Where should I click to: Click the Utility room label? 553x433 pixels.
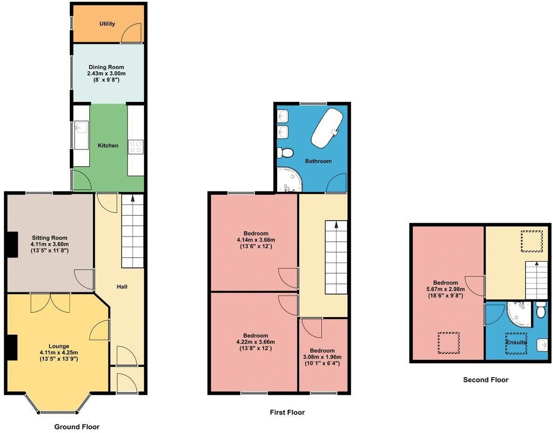click(107, 24)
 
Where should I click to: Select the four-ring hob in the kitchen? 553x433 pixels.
click(136, 147)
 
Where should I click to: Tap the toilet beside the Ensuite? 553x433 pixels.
click(540, 310)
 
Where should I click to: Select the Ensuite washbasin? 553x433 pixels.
click(542, 345)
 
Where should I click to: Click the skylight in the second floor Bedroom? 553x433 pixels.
click(449, 343)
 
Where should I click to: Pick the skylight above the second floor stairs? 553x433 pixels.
click(532, 241)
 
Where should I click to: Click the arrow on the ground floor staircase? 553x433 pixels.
click(133, 199)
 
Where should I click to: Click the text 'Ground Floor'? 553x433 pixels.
click(77, 426)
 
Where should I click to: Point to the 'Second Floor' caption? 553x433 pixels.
click(485, 380)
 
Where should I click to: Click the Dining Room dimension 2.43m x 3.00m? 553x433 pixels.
click(107, 74)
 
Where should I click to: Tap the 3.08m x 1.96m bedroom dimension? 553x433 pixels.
click(322, 357)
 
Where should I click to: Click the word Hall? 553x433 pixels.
click(122, 286)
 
